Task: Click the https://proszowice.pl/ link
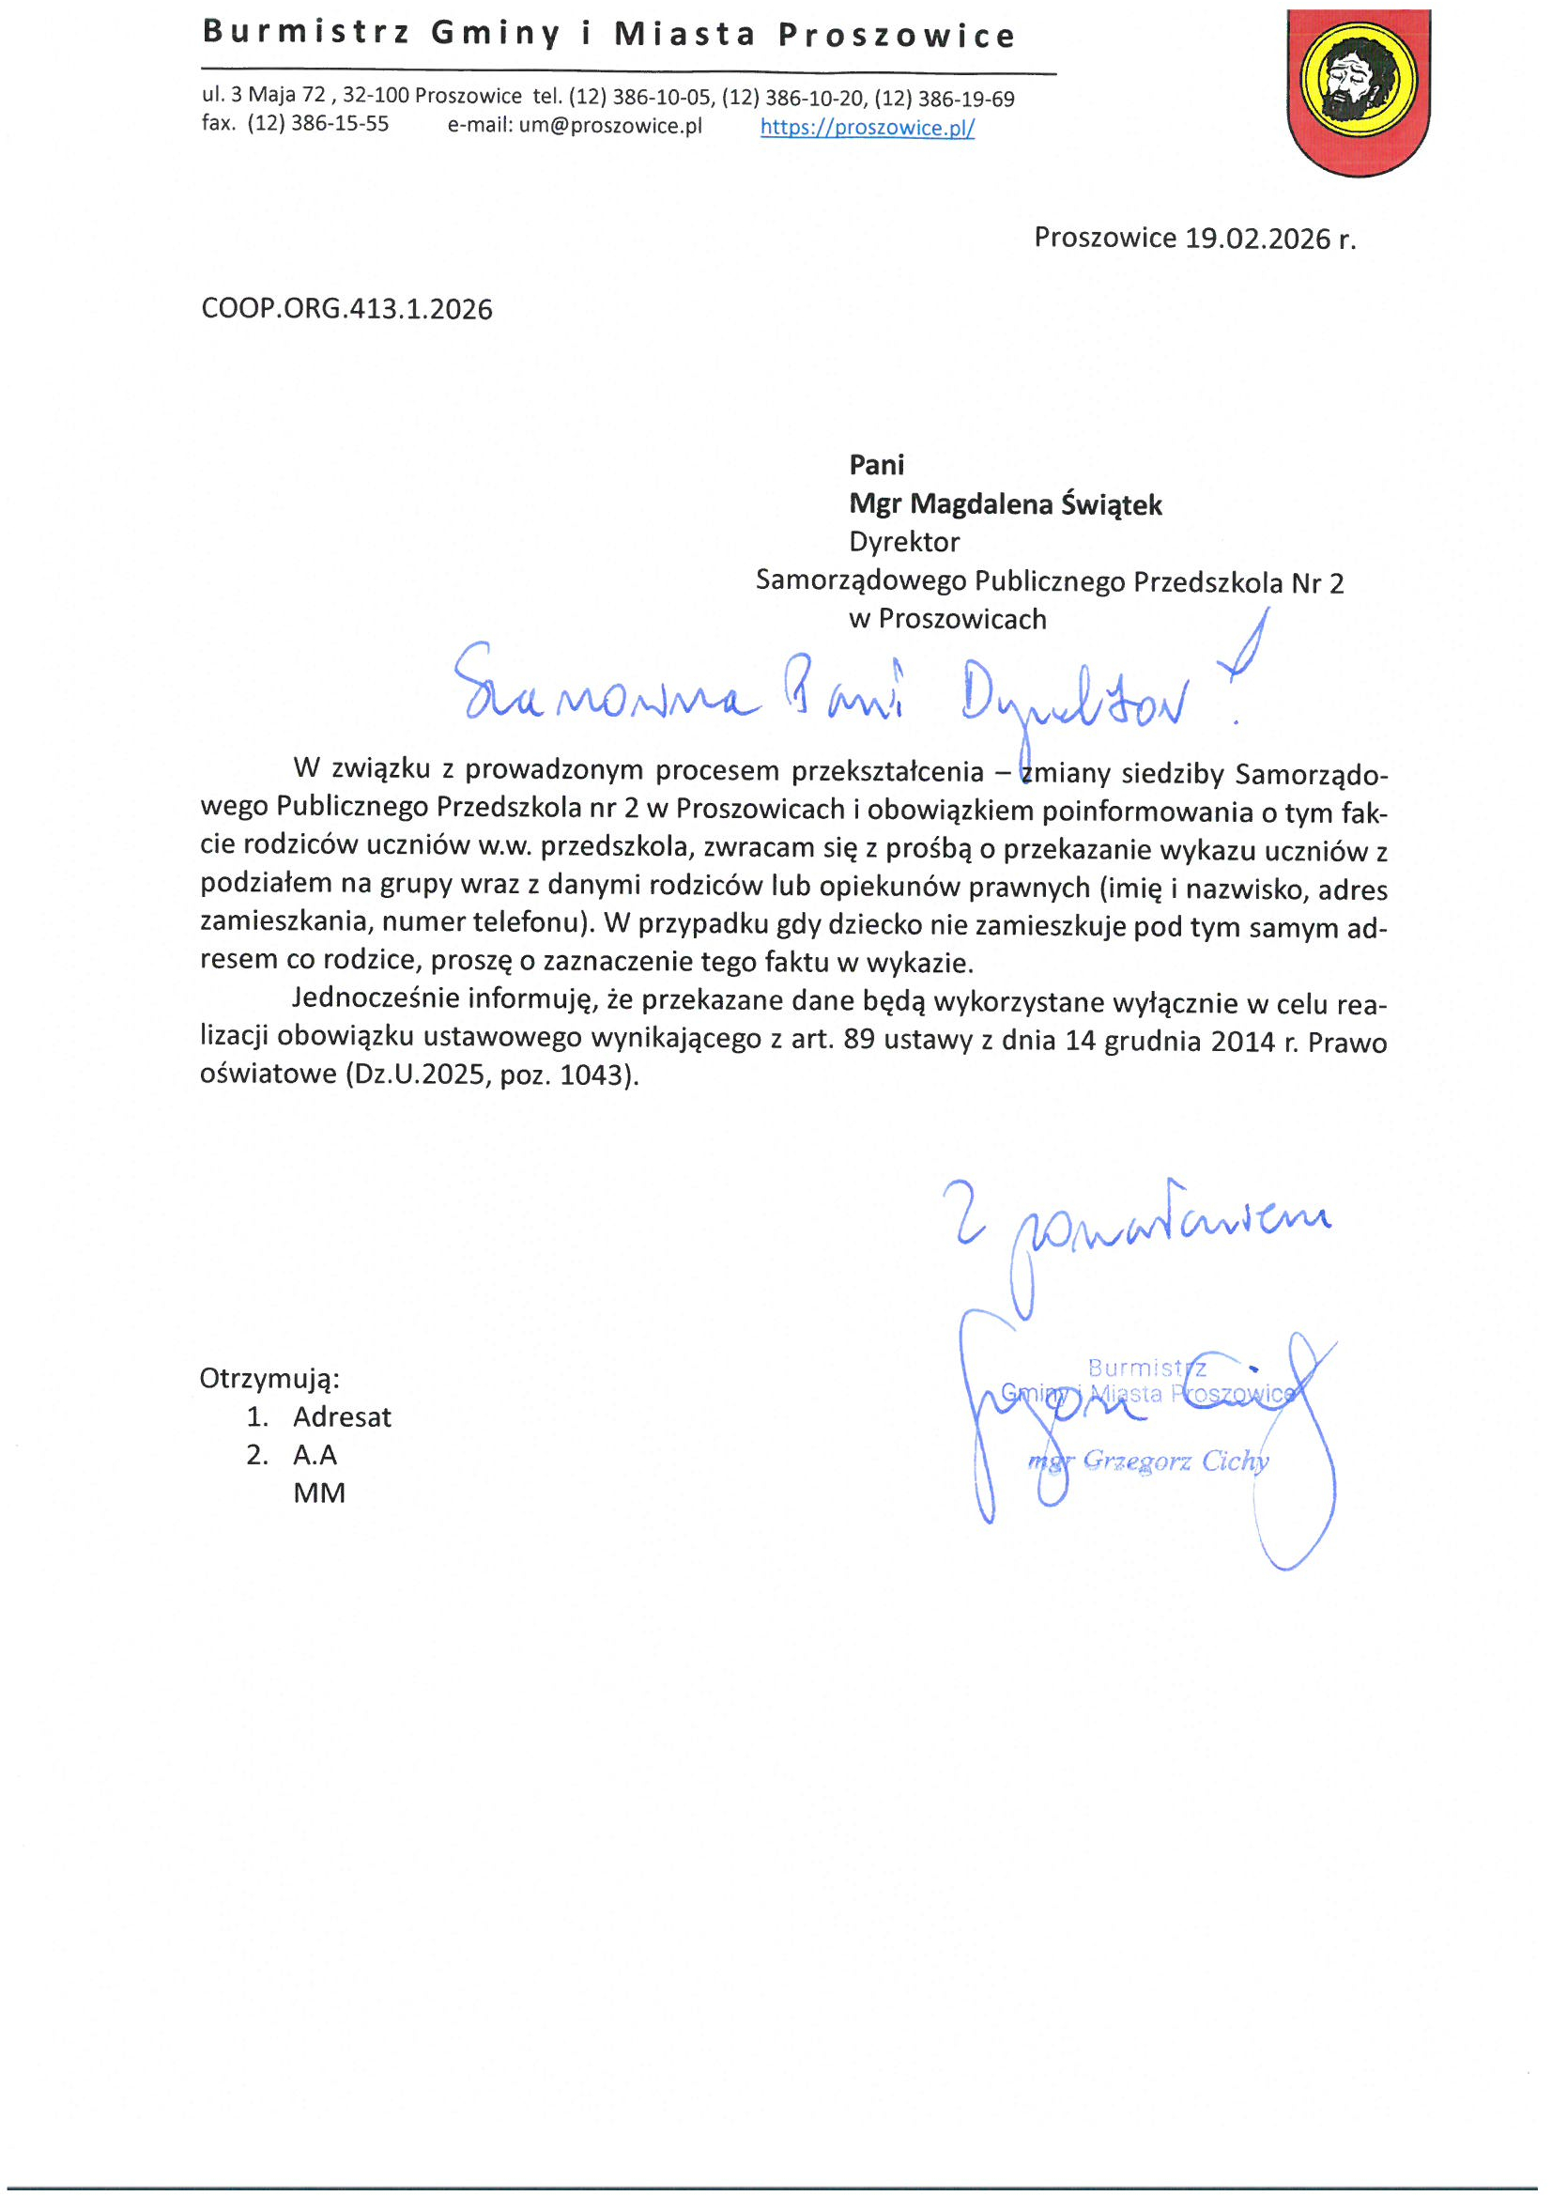(x=868, y=127)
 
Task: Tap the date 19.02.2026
(x=1257, y=239)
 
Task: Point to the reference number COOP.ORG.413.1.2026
(x=347, y=309)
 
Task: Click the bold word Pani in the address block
(x=876, y=465)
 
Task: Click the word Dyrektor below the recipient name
(x=903, y=542)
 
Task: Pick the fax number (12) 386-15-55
(x=317, y=123)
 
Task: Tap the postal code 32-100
(x=376, y=96)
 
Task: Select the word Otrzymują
(x=269, y=1378)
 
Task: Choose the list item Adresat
(x=342, y=1416)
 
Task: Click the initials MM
(x=319, y=1493)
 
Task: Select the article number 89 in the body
(x=859, y=1039)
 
